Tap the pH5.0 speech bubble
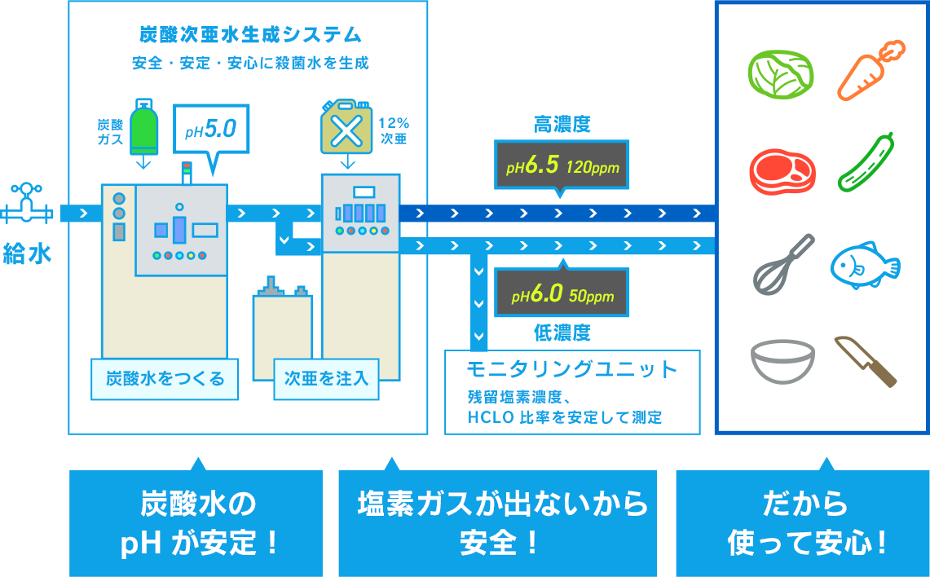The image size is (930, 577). click(210, 130)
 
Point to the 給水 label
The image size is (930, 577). click(27, 253)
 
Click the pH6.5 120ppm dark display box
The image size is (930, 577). click(562, 166)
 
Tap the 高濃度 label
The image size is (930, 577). click(562, 125)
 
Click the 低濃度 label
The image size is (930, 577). click(562, 333)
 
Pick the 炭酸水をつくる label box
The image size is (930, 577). click(165, 379)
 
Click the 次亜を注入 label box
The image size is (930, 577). click(326, 379)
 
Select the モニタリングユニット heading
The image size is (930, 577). click(571, 369)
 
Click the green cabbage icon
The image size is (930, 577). click(781, 72)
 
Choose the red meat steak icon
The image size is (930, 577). click(782, 170)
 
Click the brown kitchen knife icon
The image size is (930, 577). click(866, 361)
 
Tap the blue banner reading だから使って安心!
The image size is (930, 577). click(803, 523)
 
